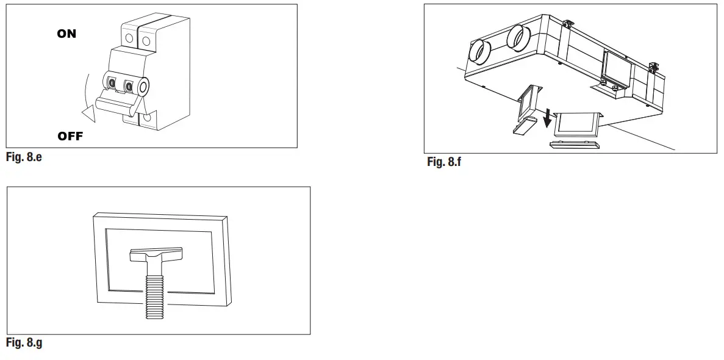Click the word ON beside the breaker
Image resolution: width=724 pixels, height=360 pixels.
(x=66, y=34)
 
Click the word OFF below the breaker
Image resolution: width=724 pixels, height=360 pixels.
(x=70, y=136)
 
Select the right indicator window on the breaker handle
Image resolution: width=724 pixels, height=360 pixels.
(x=129, y=85)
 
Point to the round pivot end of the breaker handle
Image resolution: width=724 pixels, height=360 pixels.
(x=144, y=88)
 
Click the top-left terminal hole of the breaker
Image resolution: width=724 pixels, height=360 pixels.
(x=129, y=38)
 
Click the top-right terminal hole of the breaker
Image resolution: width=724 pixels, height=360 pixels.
(x=146, y=40)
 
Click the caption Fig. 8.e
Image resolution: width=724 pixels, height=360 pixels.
(x=24, y=157)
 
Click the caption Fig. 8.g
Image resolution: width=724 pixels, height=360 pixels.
(x=24, y=343)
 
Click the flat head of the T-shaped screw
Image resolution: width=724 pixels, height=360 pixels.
(x=156, y=254)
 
